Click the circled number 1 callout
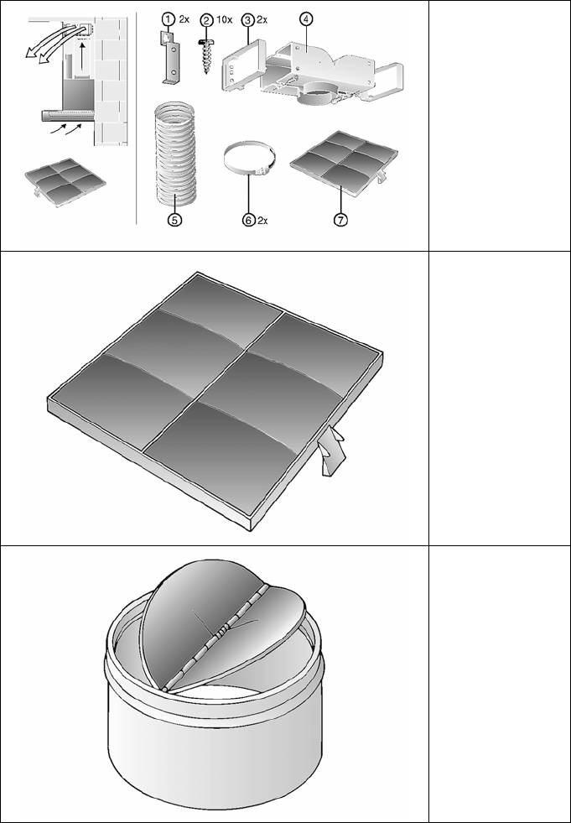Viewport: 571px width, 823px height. [x=168, y=19]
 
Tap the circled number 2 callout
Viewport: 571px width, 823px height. [x=207, y=20]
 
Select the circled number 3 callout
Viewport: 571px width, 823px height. [x=247, y=20]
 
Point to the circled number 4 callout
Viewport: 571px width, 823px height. [x=306, y=18]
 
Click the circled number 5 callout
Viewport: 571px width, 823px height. [x=174, y=221]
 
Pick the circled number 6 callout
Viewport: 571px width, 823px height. [x=249, y=221]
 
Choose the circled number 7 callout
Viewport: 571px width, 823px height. [x=340, y=221]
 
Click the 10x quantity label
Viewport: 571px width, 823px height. [x=224, y=20]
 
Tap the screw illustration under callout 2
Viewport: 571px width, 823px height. [x=206, y=55]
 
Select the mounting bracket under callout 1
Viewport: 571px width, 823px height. [x=170, y=57]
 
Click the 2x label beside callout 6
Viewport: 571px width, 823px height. [x=262, y=221]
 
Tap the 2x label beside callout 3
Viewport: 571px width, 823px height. [x=262, y=20]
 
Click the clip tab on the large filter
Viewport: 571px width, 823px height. [x=331, y=451]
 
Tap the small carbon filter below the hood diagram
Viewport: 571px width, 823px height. [x=65, y=181]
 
